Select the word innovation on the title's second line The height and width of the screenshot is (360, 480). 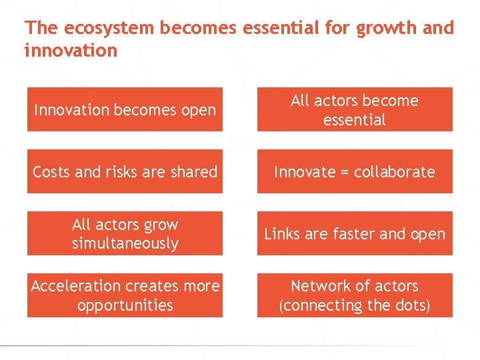(x=71, y=51)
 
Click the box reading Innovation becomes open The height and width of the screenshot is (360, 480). (x=125, y=110)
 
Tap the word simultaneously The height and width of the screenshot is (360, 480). (x=125, y=243)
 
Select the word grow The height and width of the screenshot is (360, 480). (x=162, y=225)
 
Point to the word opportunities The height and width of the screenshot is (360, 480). (x=125, y=305)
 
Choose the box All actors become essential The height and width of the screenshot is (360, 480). (x=355, y=110)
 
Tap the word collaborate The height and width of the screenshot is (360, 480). (x=394, y=172)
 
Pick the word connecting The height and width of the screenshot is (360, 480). (x=325, y=305)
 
